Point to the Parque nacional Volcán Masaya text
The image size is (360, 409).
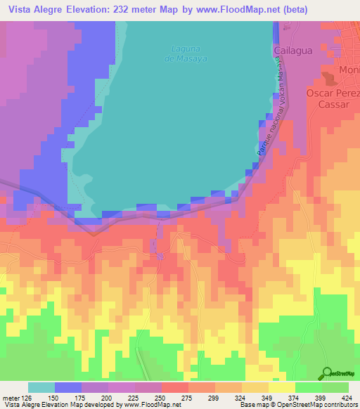269,105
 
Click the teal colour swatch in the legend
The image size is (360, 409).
41,387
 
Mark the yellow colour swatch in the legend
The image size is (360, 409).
282,387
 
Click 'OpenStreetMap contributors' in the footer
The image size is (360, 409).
323,405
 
